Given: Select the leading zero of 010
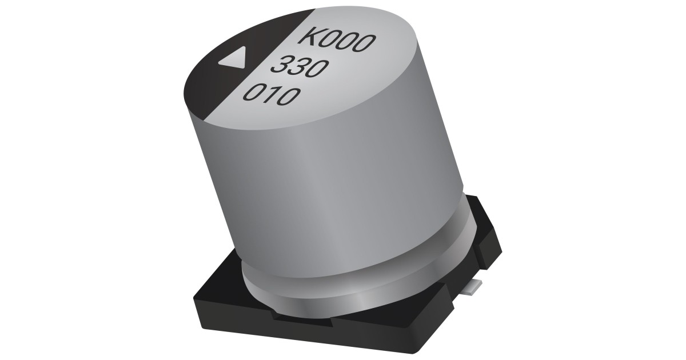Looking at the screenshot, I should pyautogui.click(x=252, y=92).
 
